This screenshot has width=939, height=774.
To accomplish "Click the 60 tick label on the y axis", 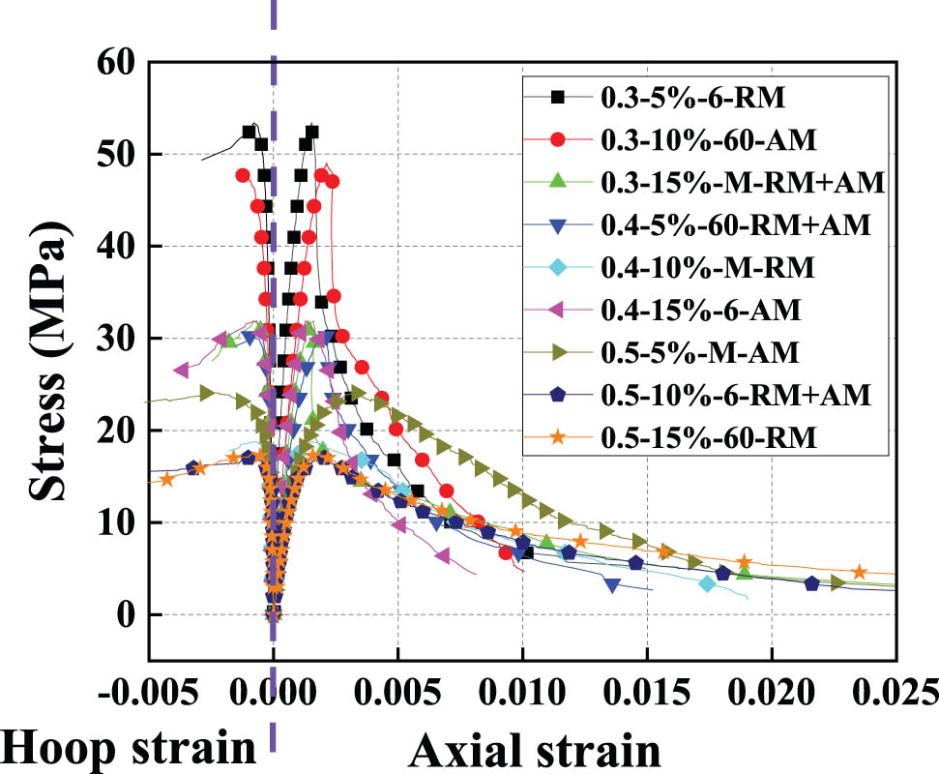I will pos(117,63).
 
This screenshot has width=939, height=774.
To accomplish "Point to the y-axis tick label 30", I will pos(117,339).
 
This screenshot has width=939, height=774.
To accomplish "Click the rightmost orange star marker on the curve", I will pos(859,572).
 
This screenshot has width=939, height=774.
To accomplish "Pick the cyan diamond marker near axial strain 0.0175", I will pos(707,583).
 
